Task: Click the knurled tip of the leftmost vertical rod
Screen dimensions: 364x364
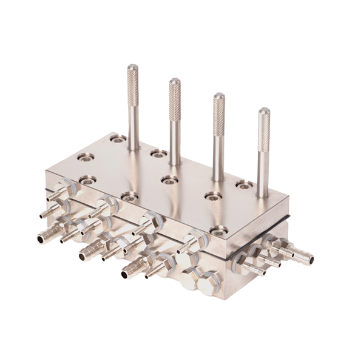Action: point(133,76)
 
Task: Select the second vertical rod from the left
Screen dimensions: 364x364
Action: point(175,121)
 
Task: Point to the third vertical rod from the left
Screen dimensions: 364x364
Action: point(218,136)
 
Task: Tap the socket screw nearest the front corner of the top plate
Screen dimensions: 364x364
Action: point(218,230)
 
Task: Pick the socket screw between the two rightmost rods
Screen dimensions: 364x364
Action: point(243,184)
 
